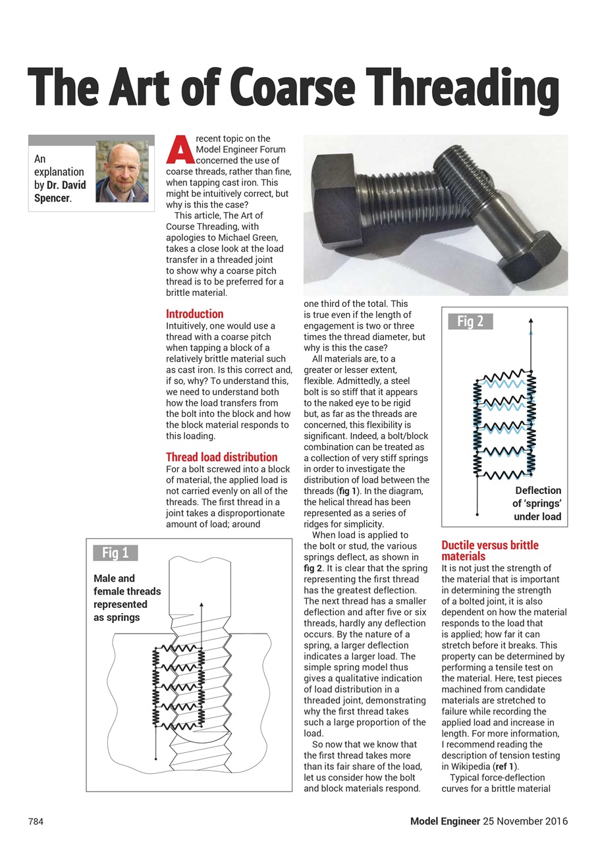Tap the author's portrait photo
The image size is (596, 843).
(x=122, y=172)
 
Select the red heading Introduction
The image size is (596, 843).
(x=194, y=314)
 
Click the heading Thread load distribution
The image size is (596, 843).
(x=221, y=457)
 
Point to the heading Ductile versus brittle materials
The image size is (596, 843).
(x=489, y=551)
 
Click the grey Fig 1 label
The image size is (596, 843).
(x=115, y=553)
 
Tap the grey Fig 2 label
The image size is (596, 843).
(x=470, y=321)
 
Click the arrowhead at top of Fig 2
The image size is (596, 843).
(x=531, y=320)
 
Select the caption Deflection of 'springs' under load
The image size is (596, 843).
(x=537, y=503)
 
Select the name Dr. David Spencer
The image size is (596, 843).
(x=66, y=192)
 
